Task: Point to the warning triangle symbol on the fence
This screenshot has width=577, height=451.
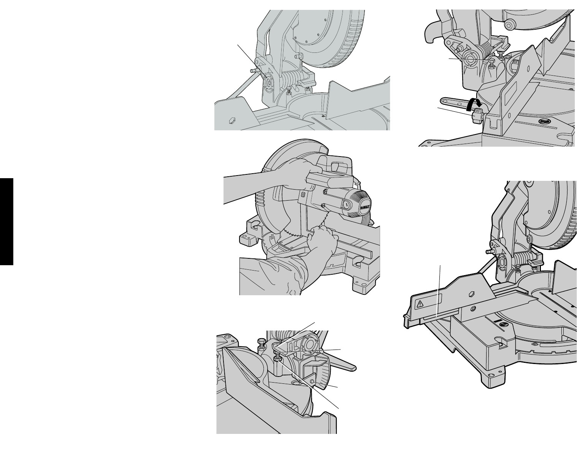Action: click(x=420, y=304)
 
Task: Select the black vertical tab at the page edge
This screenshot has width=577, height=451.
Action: click(x=6, y=222)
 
